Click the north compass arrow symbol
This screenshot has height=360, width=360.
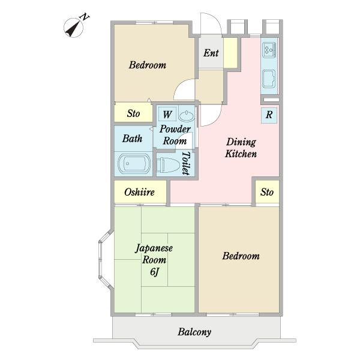tap(73, 28)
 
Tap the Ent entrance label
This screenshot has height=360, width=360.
tap(211, 53)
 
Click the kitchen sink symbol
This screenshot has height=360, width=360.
tap(269, 79)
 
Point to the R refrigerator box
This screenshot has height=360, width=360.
tap(269, 115)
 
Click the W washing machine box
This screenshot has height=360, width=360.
tap(167, 114)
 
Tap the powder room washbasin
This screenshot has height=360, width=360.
tap(186, 115)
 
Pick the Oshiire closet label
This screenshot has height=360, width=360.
tap(139, 192)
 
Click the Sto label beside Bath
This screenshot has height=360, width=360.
tap(133, 113)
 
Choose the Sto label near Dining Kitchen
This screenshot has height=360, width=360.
tap(267, 192)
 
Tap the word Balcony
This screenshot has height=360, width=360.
tap(194, 332)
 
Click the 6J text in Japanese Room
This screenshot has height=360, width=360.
tap(155, 272)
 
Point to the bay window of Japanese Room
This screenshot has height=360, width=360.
tap(106, 260)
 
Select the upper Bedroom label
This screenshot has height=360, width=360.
tap(148, 65)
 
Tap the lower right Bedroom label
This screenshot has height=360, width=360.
tap(241, 256)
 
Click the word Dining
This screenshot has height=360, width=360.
tap(241, 142)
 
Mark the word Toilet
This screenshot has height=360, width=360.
tap(187, 163)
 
